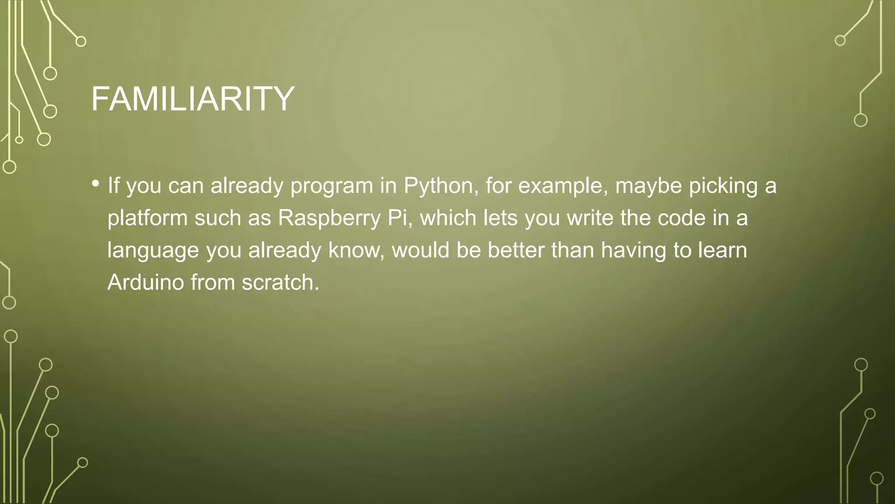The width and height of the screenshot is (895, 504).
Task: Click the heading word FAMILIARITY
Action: [x=193, y=99]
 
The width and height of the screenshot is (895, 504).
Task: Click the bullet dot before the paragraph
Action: [x=96, y=184]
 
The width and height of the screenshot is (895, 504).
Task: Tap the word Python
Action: [x=438, y=186]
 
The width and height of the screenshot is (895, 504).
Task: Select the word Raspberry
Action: [x=329, y=218]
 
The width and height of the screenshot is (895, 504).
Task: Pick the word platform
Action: [x=147, y=218]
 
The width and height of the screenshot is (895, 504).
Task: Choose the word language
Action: [x=153, y=251]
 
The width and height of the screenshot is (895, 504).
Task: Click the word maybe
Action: [x=649, y=186]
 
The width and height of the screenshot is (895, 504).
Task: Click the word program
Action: [x=332, y=186]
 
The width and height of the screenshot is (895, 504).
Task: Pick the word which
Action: [x=448, y=218]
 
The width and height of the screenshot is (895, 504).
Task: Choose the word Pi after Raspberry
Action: [x=397, y=218]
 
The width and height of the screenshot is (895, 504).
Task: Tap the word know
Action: [x=354, y=251]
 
